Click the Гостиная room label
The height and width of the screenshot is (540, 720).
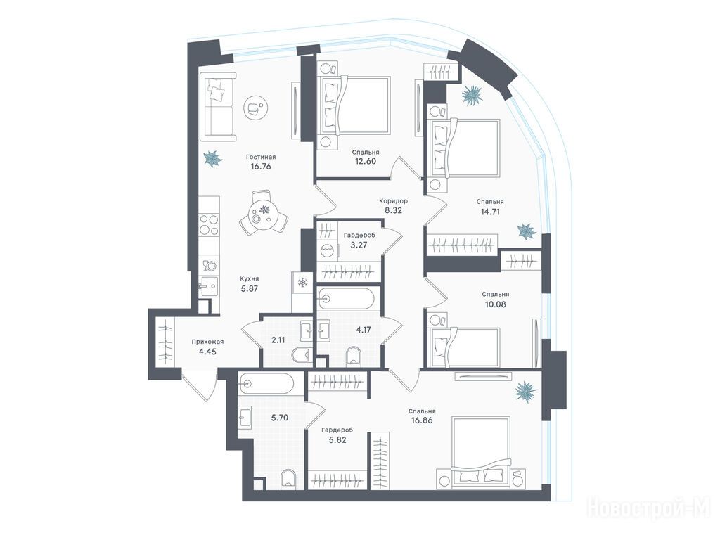tap(260, 157)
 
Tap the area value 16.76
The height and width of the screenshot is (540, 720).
tap(260, 167)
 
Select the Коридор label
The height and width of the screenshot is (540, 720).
tap(393, 201)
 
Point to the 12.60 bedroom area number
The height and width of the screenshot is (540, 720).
tap(366, 161)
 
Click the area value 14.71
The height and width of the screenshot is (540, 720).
tap(489, 212)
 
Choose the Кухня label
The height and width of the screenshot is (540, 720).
tap(250, 278)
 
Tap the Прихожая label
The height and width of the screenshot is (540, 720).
tap(207, 342)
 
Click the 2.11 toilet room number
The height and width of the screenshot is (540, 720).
tap(278, 340)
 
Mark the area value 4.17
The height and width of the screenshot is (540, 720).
tap(364, 329)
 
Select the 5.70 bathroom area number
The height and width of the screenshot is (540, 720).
tap(279, 418)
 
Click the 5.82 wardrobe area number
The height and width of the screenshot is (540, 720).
tap(337, 440)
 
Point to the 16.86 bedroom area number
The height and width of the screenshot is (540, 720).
tap(422, 420)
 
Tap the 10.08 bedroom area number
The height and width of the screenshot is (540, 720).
tap(496, 304)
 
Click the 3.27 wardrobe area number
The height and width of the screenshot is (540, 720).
tap(359, 245)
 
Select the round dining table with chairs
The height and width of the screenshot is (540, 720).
tap(264, 213)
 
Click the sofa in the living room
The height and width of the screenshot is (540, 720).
tap(218, 107)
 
